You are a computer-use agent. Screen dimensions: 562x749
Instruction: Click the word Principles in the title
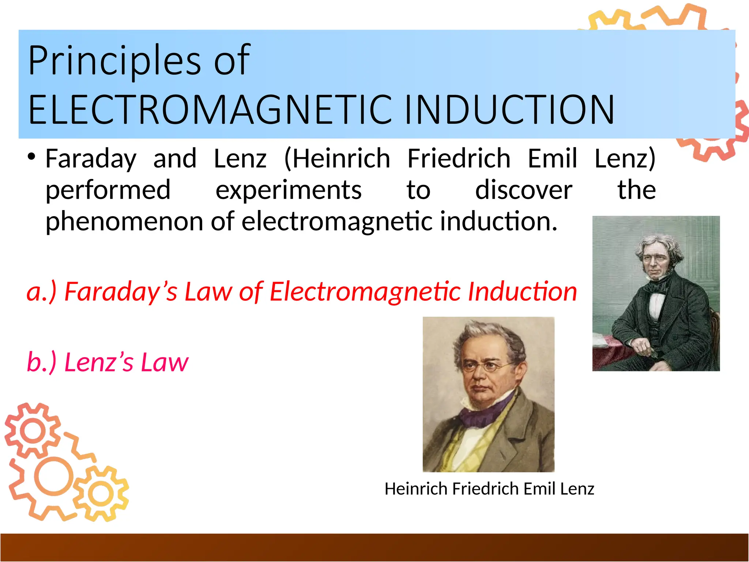pyautogui.click(x=114, y=61)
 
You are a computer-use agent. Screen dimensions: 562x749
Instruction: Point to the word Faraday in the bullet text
pyautogui.click(x=91, y=159)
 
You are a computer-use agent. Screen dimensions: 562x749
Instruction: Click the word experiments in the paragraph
pyautogui.click(x=289, y=190)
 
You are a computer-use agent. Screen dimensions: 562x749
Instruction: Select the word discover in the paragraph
pyautogui.click(x=524, y=190)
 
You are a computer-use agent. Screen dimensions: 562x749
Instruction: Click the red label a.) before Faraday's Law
pyautogui.click(x=42, y=292)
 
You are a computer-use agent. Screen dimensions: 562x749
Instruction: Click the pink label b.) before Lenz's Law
pyautogui.click(x=42, y=362)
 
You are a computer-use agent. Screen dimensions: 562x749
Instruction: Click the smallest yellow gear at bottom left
pyautogui.click(x=101, y=494)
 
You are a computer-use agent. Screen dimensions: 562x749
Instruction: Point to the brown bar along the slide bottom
pyautogui.click(x=374, y=547)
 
